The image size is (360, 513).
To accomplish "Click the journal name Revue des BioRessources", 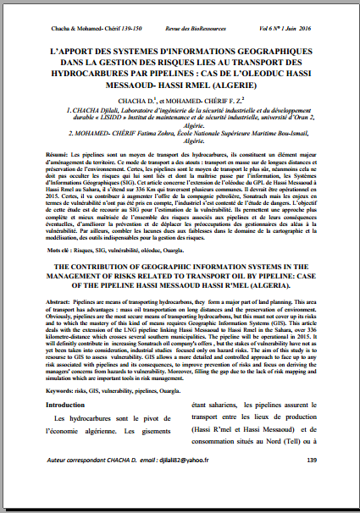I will coord(180,28).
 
